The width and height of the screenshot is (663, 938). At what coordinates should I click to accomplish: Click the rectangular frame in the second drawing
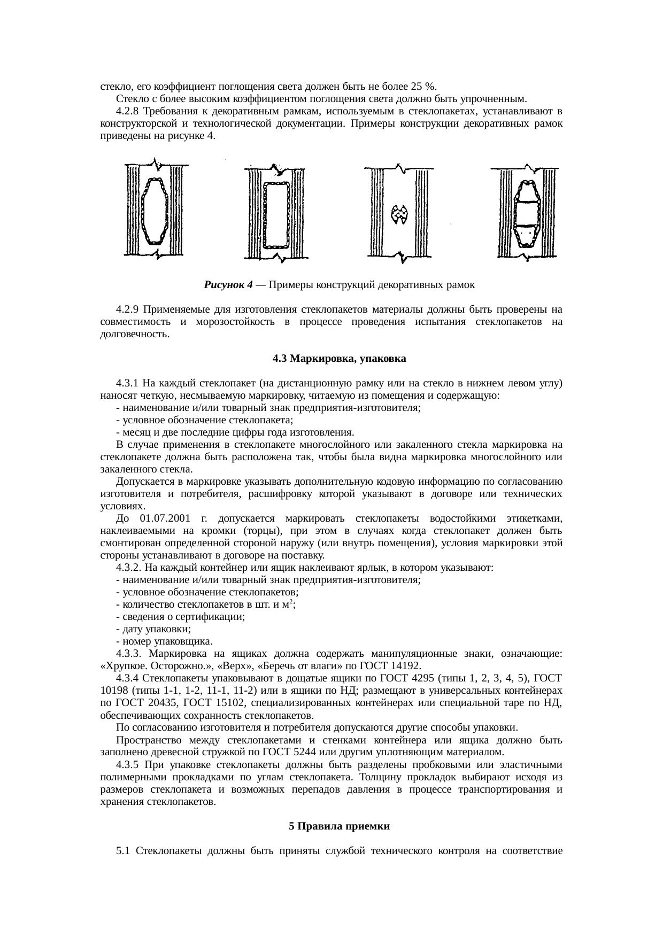coord(276,214)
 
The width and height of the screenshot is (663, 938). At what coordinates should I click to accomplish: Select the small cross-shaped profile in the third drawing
coord(397,214)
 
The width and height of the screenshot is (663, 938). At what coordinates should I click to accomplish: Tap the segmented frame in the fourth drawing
coord(526,214)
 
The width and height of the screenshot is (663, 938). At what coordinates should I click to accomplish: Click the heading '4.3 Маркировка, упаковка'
coord(339,359)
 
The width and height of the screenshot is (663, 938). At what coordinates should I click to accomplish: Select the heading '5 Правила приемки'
coord(339,826)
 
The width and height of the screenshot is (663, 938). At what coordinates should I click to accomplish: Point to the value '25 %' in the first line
coord(424,87)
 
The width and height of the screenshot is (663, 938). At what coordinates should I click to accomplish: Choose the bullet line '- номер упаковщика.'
coord(164,641)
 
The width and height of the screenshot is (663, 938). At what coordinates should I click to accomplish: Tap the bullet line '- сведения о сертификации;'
coord(180,617)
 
